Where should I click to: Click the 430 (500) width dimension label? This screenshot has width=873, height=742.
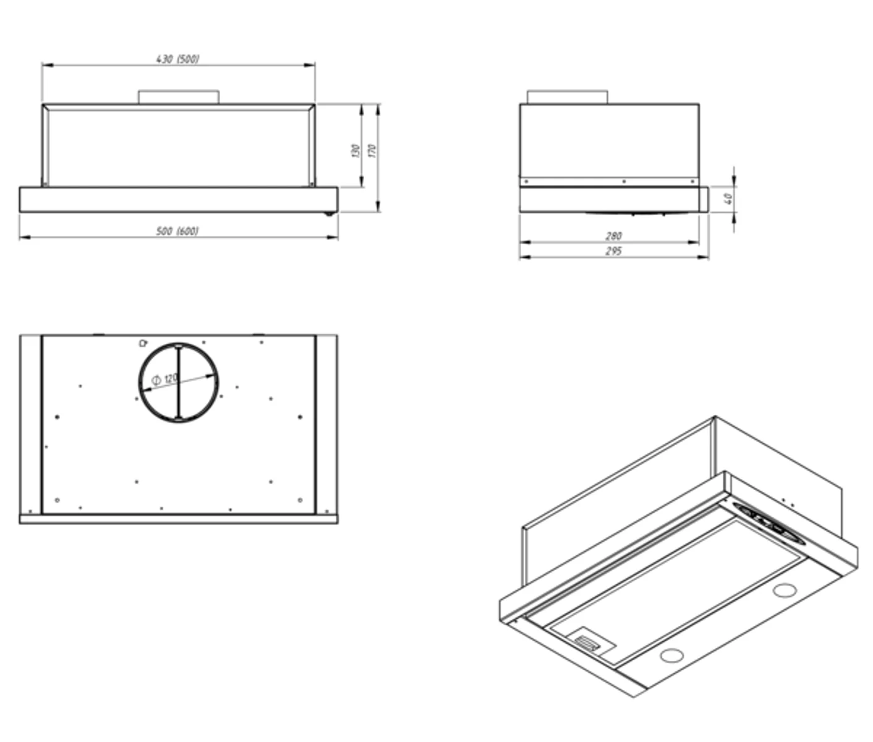[177, 59]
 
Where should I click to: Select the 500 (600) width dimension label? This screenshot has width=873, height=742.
[177, 231]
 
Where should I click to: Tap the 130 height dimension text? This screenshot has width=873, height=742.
[356, 150]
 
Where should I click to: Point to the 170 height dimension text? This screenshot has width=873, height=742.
[372, 150]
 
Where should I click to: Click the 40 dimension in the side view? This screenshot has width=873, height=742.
[728, 198]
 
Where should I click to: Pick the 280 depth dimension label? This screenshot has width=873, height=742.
[613, 236]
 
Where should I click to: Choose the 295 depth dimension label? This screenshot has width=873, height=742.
[613, 251]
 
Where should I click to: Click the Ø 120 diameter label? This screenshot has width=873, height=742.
[164, 378]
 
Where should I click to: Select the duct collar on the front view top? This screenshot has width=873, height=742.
[179, 97]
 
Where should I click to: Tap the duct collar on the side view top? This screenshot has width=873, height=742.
[567, 97]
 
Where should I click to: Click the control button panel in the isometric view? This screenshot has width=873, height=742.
[770, 524]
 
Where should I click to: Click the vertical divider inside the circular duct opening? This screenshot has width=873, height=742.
[178, 382]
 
